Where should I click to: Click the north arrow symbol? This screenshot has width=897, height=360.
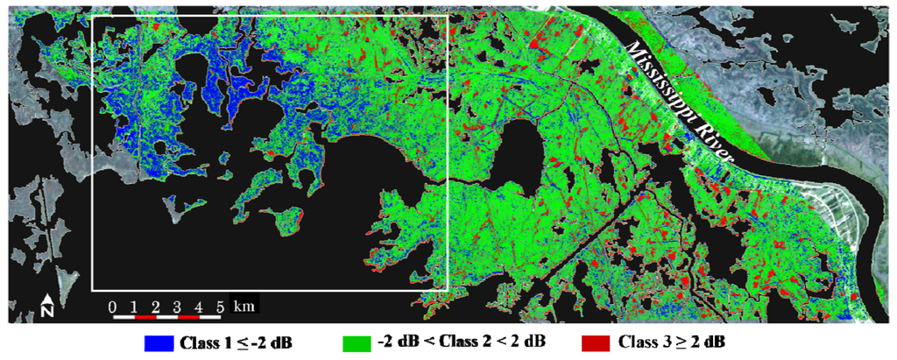[x=48, y=301]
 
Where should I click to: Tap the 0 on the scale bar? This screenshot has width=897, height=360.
[x=112, y=306]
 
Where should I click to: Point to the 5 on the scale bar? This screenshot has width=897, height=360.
[x=220, y=306]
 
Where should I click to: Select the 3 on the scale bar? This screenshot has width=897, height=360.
[x=177, y=306]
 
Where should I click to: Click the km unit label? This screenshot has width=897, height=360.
[x=246, y=306]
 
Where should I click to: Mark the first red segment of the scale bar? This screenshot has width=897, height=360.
[x=145, y=316]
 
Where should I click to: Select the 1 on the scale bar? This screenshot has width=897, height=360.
[x=134, y=306]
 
